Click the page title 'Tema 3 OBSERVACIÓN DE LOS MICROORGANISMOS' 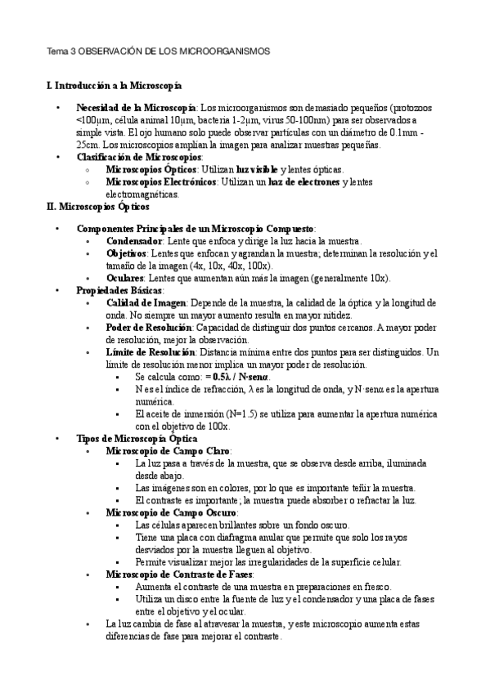pyautogui.click(x=157, y=51)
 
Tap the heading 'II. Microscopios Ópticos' pyautogui.click(x=97, y=207)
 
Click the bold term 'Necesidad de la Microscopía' pyautogui.click(x=136, y=108)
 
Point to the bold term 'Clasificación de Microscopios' pyautogui.click(x=138, y=157)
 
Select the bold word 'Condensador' pyautogui.click(x=134, y=242)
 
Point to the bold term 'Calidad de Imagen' pyautogui.click(x=146, y=303)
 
